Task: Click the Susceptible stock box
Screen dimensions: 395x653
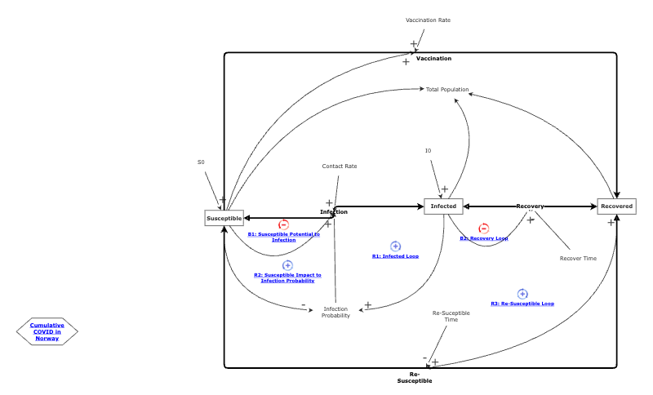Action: point(224,218)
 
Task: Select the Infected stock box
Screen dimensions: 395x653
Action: point(443,206)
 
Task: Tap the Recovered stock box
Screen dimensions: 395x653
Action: point(616,206)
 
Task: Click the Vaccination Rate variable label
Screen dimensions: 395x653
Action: point(428,20)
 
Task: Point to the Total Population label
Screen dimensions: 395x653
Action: point(447,89)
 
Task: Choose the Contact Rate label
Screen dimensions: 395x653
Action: point(340,166)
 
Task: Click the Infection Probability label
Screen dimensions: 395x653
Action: point(335,312)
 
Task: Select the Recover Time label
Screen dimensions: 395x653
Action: point(578,258)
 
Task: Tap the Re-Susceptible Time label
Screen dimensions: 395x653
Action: point(451,317)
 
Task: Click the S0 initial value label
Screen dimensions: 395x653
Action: point(201,162)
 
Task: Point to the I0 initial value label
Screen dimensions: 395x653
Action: point(428,150)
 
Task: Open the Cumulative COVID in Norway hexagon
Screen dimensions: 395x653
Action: point(47,331)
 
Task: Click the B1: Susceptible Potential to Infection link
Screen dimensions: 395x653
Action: point(284,237)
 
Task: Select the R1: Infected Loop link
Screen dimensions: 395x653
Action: point(395,256)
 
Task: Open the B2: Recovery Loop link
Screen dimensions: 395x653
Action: point(483,238)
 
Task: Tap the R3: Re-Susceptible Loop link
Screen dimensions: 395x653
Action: point(522,304)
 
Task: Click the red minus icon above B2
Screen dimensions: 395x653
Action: point(483,229)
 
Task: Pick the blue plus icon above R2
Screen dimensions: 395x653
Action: point(287,265)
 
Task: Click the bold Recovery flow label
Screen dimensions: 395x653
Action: point(530,206)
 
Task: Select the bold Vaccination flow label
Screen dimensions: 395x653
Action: point(433,59)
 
